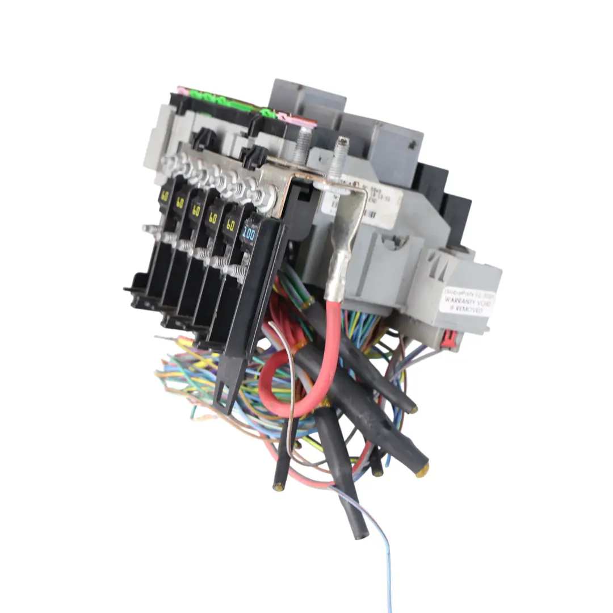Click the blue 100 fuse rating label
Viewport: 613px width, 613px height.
[x=249, y=233]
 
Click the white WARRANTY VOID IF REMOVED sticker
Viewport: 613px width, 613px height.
[x=467, y=301]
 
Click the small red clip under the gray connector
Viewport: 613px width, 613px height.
[x=449, y=337]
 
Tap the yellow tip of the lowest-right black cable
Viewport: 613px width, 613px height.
[x=422, y=471]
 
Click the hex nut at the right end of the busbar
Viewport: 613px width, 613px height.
[x=267, y=197]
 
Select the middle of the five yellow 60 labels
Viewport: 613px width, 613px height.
[x=196, y=209]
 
